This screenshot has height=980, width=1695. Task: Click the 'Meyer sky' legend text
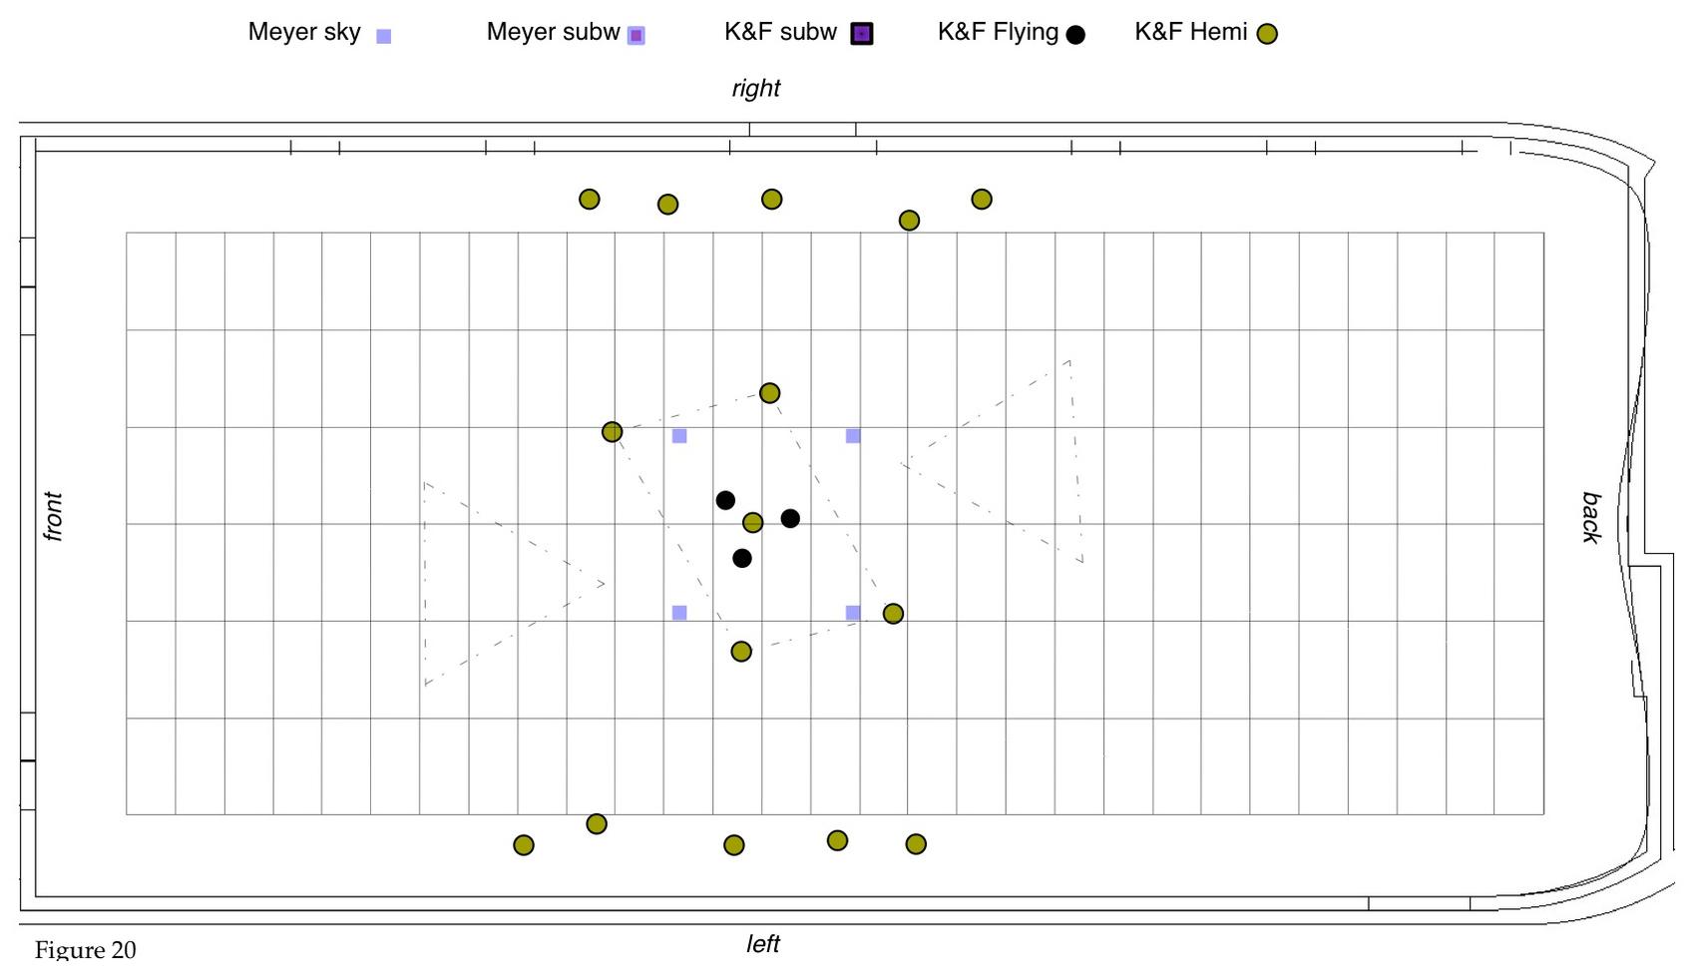pos(303,32)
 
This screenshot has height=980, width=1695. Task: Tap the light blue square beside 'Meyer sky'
pos(383,36)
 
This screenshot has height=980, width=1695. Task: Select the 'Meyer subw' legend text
pos(553,32)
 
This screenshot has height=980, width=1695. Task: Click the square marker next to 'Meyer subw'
pos(636,36)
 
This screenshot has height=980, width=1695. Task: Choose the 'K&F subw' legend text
pos(780,32)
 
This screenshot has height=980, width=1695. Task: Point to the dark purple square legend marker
pos(862,34)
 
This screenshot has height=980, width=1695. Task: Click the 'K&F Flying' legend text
pos(998,32)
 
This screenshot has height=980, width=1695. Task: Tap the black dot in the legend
pos(1075,35)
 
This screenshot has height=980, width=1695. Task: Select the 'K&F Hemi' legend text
pos(1190,32)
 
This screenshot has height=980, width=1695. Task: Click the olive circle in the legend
pos(1267,35)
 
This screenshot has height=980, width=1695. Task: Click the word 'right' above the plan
pos(756,89)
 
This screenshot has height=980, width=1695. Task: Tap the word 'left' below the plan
pos(763,944)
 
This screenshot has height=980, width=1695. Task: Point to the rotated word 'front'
pos(53,516)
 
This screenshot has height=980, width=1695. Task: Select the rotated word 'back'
pos(1591,517)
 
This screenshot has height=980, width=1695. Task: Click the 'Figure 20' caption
pos(85,950)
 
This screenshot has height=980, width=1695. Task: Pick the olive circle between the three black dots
pos(753,522)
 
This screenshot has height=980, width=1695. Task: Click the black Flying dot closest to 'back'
pos(790,518)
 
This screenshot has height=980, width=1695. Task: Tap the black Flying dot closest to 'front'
pos(725,500)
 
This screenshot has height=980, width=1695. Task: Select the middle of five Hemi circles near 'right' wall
pos(771,200)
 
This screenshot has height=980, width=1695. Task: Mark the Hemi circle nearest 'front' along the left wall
pos(524,845)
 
